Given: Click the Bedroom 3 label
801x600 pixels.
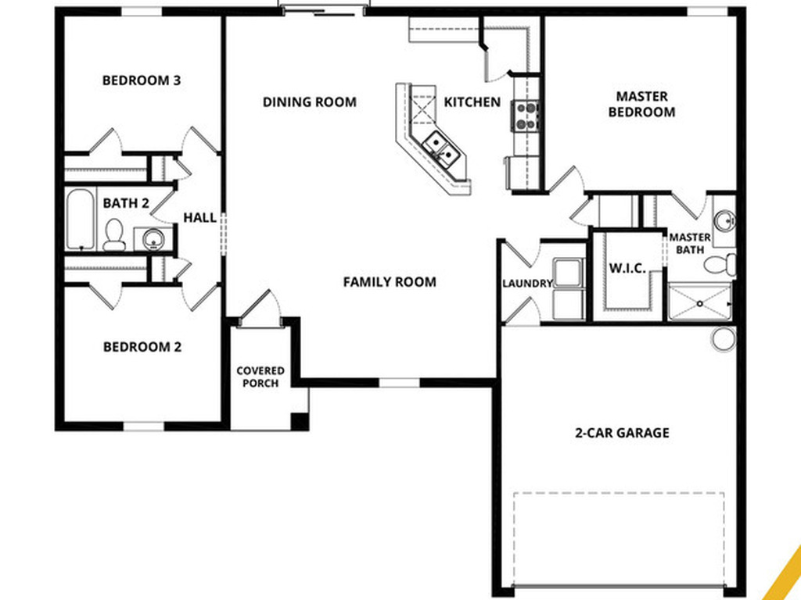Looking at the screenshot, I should click(x=142, y=80).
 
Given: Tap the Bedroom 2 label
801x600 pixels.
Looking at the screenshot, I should click(x=142, y=347).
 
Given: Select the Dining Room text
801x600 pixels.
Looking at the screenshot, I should click(x=309, y=102).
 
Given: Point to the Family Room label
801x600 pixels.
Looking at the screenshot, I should click(x=390, y=282).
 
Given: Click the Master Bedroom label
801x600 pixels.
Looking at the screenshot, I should click(x=641, y=104).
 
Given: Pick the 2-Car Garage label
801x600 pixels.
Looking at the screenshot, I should click(x=622, y=432).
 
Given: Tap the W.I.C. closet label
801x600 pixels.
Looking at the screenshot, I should click(x=627, y=269).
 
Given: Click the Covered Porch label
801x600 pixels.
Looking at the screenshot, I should click(x=260, y=377).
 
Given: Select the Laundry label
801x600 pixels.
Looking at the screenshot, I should click(x=527, y=284).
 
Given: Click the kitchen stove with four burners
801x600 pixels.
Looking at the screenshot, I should click(x=526, y=116).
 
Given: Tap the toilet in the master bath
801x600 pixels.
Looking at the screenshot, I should click(x=720, y=264).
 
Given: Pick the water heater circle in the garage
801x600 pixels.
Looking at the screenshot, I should click(x=724, y=338).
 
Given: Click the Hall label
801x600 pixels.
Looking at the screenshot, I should click(x=199, y=218).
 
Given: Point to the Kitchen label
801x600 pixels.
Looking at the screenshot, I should click(x=472, y=102).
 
